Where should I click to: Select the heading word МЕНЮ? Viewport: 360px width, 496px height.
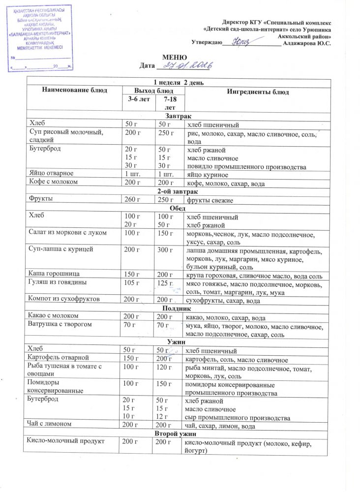[174, 58]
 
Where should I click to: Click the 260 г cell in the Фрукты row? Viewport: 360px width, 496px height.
[133, 200]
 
